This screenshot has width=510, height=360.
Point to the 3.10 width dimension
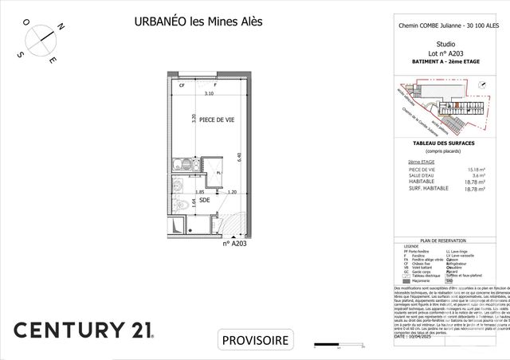tap(210, 94)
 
